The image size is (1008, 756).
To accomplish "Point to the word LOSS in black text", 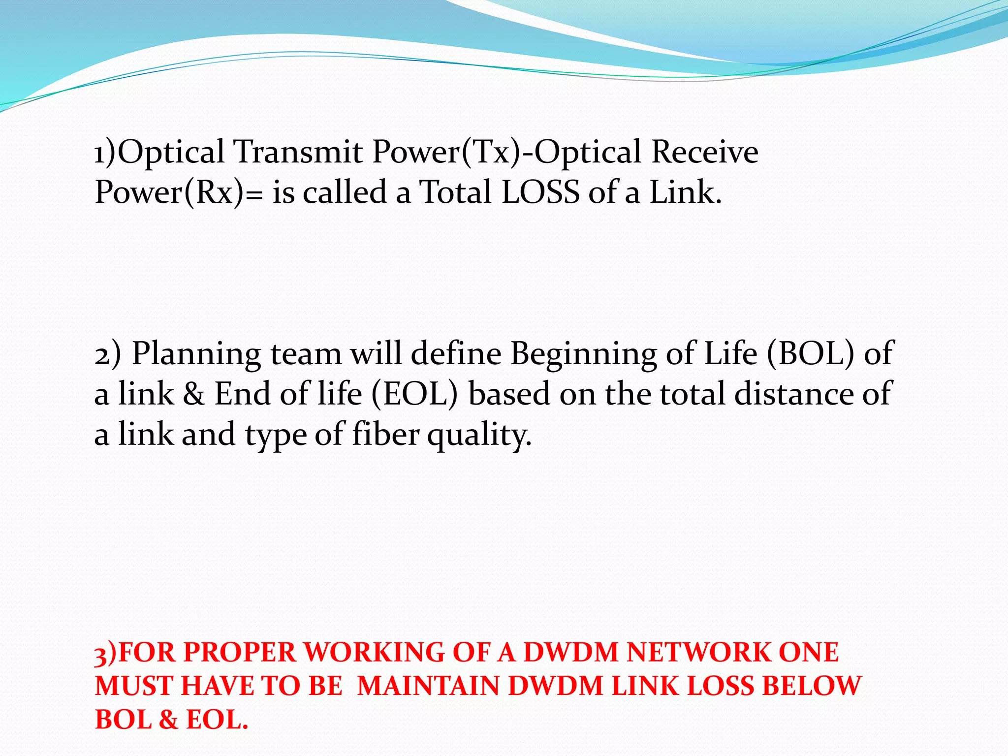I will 540,192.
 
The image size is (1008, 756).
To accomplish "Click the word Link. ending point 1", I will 685,192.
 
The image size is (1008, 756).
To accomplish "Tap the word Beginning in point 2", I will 583,354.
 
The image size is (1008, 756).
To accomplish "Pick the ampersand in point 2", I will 194,395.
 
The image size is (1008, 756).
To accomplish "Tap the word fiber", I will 386,435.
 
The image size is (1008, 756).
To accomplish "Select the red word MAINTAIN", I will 428,686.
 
